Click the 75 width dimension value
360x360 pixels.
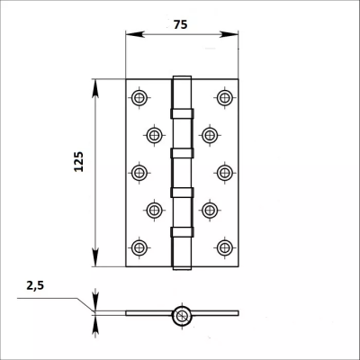click(181, 25)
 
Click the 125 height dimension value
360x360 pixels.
click(78, 162)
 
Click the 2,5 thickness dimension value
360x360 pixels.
click(35, 286)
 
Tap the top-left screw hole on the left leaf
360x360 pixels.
click(139, 97)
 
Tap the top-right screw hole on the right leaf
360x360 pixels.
click(224, 97)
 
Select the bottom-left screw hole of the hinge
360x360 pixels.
click(139, 246)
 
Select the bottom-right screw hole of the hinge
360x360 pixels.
click(224, 246)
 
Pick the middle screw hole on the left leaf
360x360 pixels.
click(139, 171)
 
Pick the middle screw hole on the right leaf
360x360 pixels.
click(224, 171)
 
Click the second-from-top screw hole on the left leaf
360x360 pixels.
click(154, 135)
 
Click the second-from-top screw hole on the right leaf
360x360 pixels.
click(209, 135)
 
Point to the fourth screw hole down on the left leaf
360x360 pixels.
click(154, 211)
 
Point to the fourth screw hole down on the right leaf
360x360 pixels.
click(209, 211)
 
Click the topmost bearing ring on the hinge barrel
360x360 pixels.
click(181, 113)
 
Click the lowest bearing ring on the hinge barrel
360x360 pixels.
click(181, 231)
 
